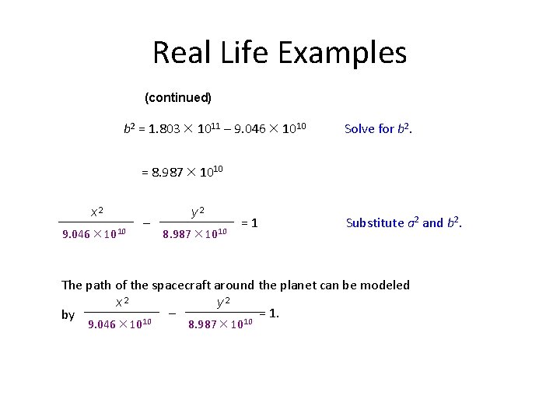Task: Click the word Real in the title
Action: pyautogui.click(x=178, y=53)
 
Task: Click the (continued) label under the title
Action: pyautogui.click(x=178, y=98)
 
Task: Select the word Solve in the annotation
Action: pyautogui.click(x=360, y=129)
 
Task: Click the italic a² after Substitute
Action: pyautogui.click(x=413, y=222)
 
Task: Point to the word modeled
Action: pyautogui.click(x=385, y=285)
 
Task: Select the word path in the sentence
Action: pyautogui.click(x=100, y=285)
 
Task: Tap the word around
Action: pyautogui.click(x=235, y=285)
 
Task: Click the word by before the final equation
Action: pyautogui.click(x=68, y=315)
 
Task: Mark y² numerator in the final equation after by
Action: pyautogui.click(x=222, y=301)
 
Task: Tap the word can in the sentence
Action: pyautogui.click(x=331, y=285)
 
